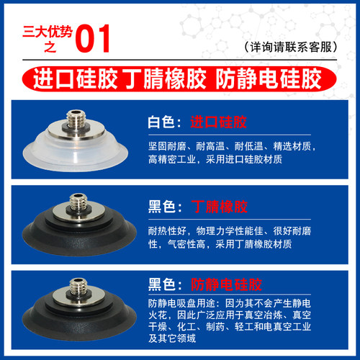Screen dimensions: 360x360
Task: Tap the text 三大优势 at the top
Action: pos(40,30)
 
